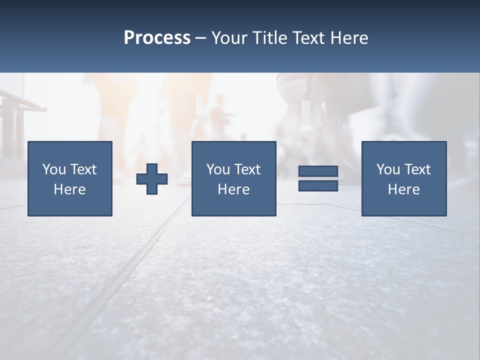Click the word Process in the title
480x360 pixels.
157,38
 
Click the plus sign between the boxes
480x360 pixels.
152,179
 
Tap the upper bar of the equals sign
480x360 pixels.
318,171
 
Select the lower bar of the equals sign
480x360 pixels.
318,185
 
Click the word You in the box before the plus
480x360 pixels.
54,169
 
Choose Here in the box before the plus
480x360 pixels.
69,189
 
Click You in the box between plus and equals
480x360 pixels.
218,169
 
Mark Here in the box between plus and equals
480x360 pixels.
233,189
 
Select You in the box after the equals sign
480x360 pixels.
388,169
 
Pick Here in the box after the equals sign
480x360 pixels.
403,189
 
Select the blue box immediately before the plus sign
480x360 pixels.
69,205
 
